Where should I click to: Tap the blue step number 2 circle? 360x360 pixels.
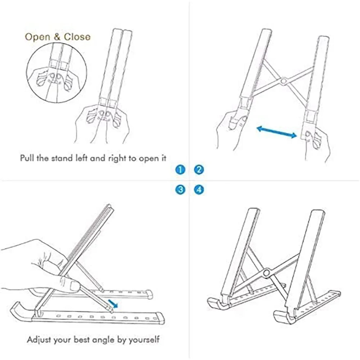coord(199,170)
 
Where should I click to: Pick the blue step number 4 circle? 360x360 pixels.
coord(199,190)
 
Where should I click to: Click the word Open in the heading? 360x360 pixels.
coord(38,37)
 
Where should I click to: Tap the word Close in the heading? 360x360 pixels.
coord(77,37)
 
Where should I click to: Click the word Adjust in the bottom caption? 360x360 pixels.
coord(38,339)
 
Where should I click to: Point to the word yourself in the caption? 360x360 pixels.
coord(144,339)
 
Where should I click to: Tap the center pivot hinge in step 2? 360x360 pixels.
coord(284,81)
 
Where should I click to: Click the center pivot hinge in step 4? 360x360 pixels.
coord(266,273)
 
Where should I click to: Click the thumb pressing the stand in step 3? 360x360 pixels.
coord(74,286)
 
